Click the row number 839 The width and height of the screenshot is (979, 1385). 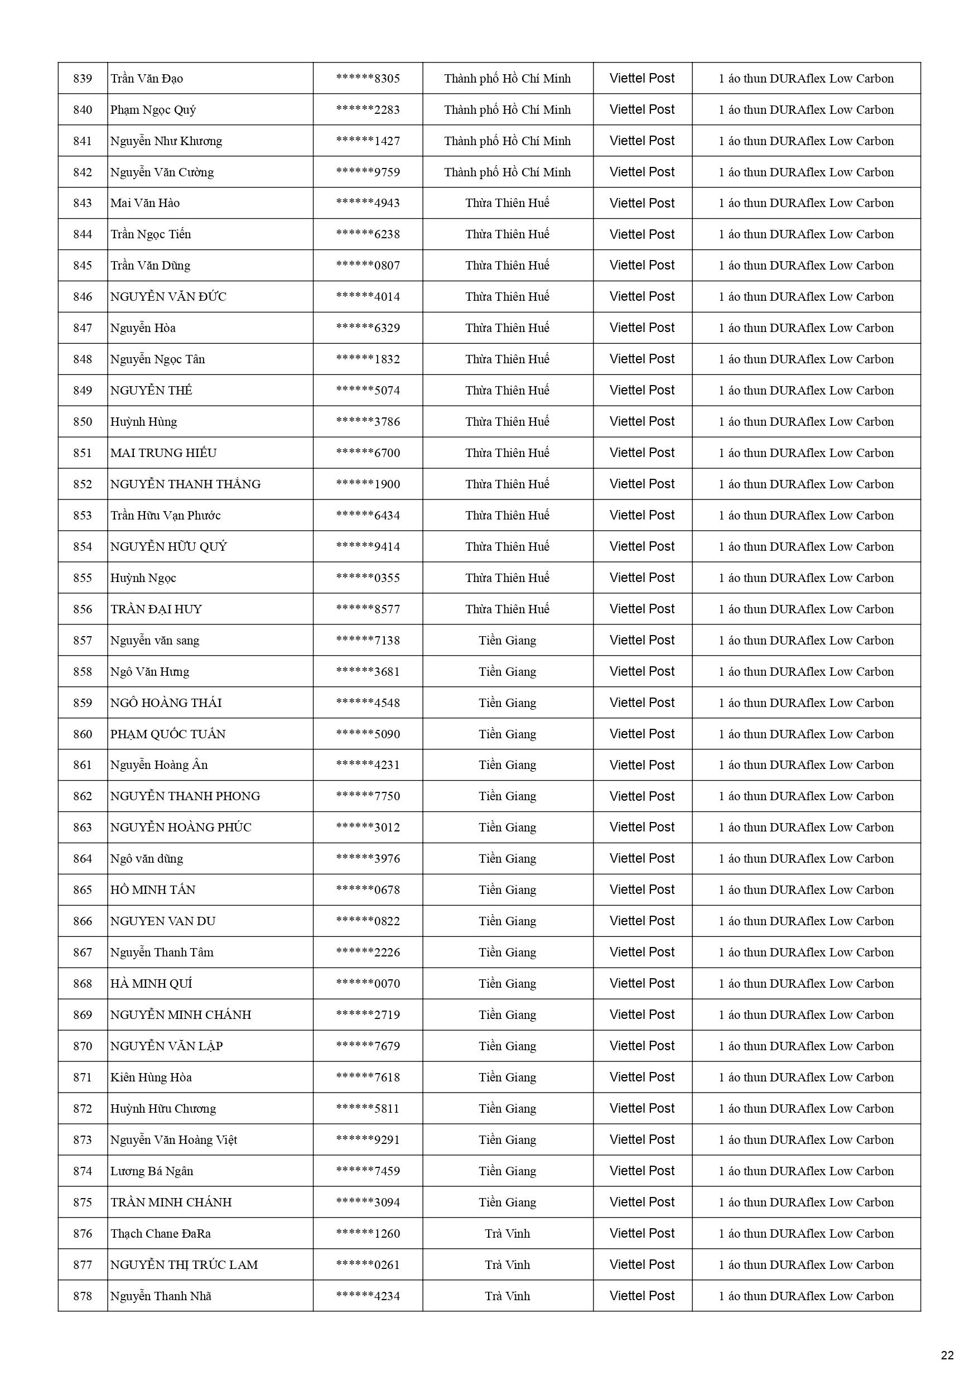coord(83,79)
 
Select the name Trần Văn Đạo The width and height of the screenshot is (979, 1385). coord(147,79)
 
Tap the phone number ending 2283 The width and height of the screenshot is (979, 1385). coord(368,110)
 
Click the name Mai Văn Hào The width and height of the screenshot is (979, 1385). coord(145,203)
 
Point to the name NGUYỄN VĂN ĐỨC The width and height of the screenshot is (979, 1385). coord(168,297)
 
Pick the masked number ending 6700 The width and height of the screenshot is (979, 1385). coord(368,453)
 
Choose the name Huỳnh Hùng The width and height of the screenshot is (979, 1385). coord(143,422)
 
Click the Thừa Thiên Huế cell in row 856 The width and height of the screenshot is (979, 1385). coord(507,609)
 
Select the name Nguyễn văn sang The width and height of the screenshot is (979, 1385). coord(155,641)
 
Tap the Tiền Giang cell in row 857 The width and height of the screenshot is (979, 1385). coord(507,641)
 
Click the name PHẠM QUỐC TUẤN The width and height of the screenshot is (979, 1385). coord(168,734)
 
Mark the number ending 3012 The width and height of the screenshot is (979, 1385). coord(368,828)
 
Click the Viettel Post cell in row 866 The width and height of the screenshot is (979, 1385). coord(642,921)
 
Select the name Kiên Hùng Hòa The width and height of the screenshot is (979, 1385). coord(151,1078)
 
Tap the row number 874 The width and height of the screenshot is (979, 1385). coord(83,1171)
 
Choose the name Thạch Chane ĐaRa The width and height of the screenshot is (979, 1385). coord(161,1234)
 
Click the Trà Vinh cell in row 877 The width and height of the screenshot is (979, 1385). coord(507,1265)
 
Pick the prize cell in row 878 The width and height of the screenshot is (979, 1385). coord(806,1296)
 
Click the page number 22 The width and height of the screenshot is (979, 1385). coord(947,1355)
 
